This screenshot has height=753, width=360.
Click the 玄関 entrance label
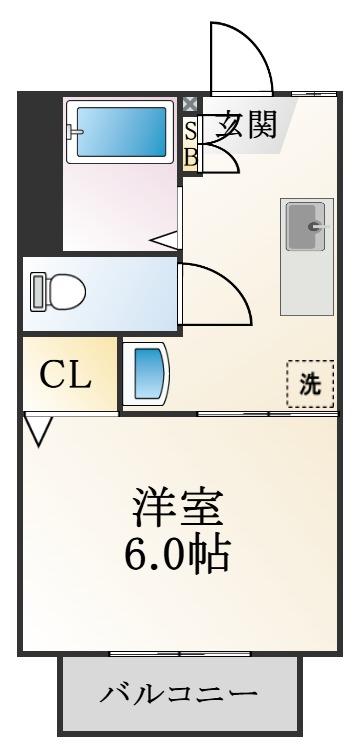click(x=247, y=125)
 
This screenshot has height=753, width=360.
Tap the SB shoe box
click(x=191, y=144)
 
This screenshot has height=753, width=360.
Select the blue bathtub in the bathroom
click(x=121, y=132)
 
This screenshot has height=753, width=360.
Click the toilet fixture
click(x=58, y=291)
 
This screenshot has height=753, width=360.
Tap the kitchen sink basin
click(x=305, y=226)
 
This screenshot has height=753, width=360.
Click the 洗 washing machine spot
click(x=311, y=384)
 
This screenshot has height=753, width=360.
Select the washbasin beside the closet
click(x=145, y=374)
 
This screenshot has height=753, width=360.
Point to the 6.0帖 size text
click(x=177, y=554)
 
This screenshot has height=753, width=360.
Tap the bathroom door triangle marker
click(x=165, y=240)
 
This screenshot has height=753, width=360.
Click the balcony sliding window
click(x=180, y=653)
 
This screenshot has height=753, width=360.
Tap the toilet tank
click(x=37, y=291)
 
